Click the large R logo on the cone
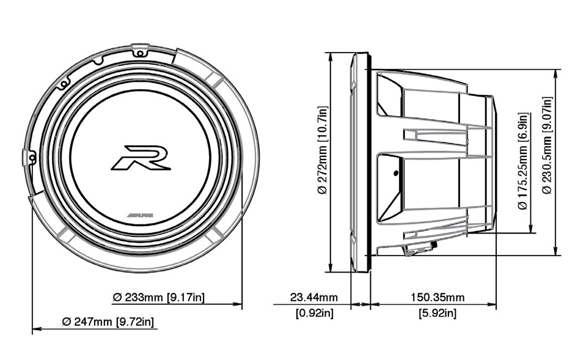[141, 157]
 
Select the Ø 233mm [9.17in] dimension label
[159, 298]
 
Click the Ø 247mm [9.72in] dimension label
[108, 321]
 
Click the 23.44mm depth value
[313, 298]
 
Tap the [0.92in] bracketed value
[314, 314]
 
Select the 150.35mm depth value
[437, 298]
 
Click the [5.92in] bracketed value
[437, 314]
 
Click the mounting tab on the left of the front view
[27, 157]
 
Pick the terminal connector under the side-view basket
[419, 249]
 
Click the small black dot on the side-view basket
[396, 174]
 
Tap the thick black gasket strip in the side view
[369, 162]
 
